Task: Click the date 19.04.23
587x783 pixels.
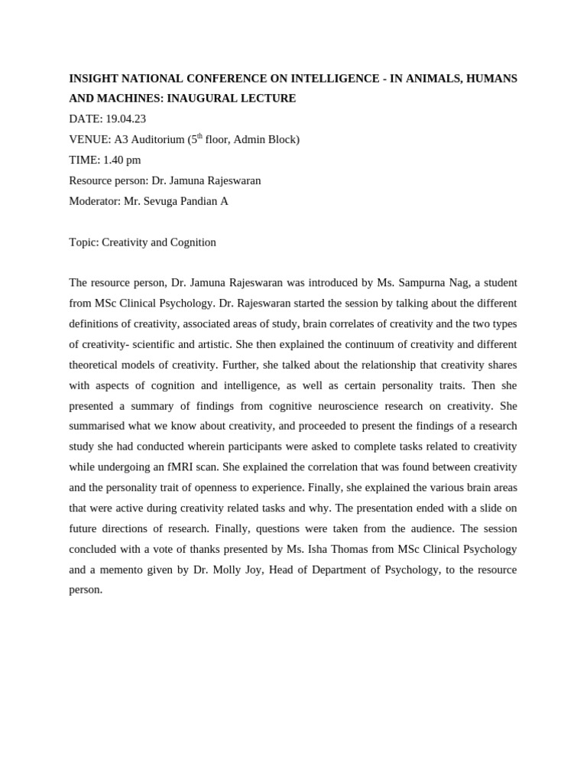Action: [x=125, y=119]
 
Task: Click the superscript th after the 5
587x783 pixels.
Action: [x=200, y=137]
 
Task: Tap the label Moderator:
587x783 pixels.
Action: [x=95, y=201]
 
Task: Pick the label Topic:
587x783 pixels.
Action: [x=84, y=242]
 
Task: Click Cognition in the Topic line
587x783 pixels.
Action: [x=193, y=242]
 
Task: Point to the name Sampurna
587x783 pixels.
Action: [x=423, y=283]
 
